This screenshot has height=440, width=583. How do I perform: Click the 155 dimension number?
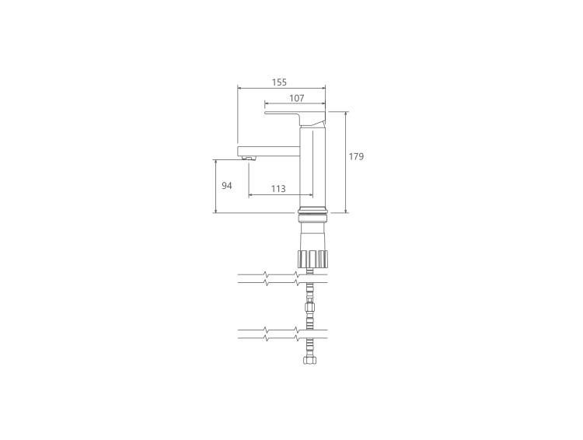[279, 82]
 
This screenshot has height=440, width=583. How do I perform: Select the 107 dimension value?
[296, 98]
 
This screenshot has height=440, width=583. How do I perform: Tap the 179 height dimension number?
[356, 156]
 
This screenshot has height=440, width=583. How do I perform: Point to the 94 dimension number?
[227, 186]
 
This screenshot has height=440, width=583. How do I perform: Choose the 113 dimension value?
[278, 189]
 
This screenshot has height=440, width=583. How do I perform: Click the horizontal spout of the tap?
[268, 151]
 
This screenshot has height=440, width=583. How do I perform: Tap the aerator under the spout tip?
[249, 159]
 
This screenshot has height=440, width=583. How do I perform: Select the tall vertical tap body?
[312, 166]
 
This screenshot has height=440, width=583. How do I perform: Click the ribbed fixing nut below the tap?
[312, 259]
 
